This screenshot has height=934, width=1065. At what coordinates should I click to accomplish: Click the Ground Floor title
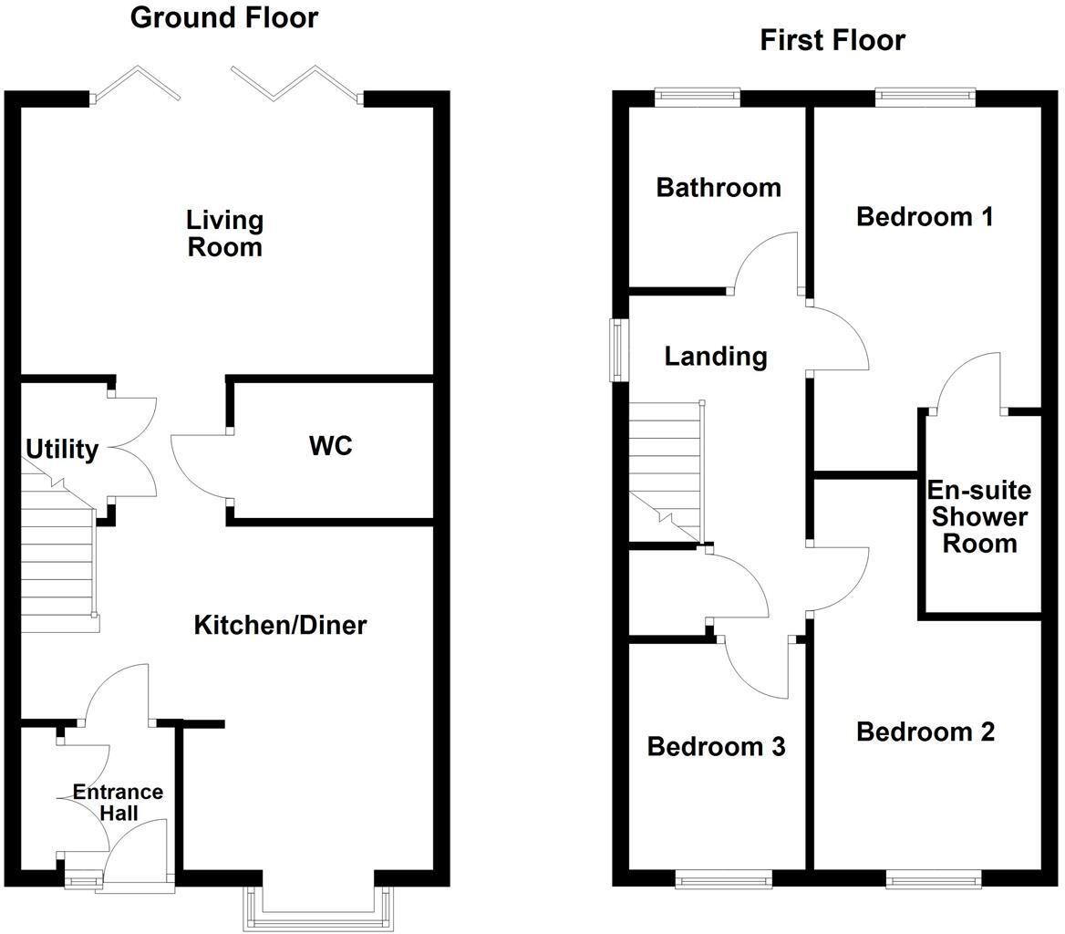224,17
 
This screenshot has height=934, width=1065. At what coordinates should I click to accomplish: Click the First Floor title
832,40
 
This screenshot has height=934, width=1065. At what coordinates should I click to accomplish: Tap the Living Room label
224,233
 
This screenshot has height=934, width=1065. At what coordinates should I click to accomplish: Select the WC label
330,446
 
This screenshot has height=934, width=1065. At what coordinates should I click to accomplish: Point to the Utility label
61,450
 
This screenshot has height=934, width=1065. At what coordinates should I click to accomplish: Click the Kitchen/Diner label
280,625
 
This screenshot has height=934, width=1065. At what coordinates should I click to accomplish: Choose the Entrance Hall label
118,802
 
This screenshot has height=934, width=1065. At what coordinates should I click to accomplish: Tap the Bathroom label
719,188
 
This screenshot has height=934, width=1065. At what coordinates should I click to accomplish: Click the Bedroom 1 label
925,217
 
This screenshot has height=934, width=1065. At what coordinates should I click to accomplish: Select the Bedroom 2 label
925,732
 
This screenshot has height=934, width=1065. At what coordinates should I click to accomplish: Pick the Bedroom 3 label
716,747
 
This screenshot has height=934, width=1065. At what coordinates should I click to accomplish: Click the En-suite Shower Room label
979,517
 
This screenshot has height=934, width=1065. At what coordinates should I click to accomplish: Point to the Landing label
715,356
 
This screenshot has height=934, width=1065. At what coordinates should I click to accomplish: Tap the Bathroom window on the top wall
698,96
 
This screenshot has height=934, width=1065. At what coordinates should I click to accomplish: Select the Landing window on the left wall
618,349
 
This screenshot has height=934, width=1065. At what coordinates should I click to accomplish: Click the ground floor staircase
57,566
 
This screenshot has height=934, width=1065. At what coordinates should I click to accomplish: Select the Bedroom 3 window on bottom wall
723,879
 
